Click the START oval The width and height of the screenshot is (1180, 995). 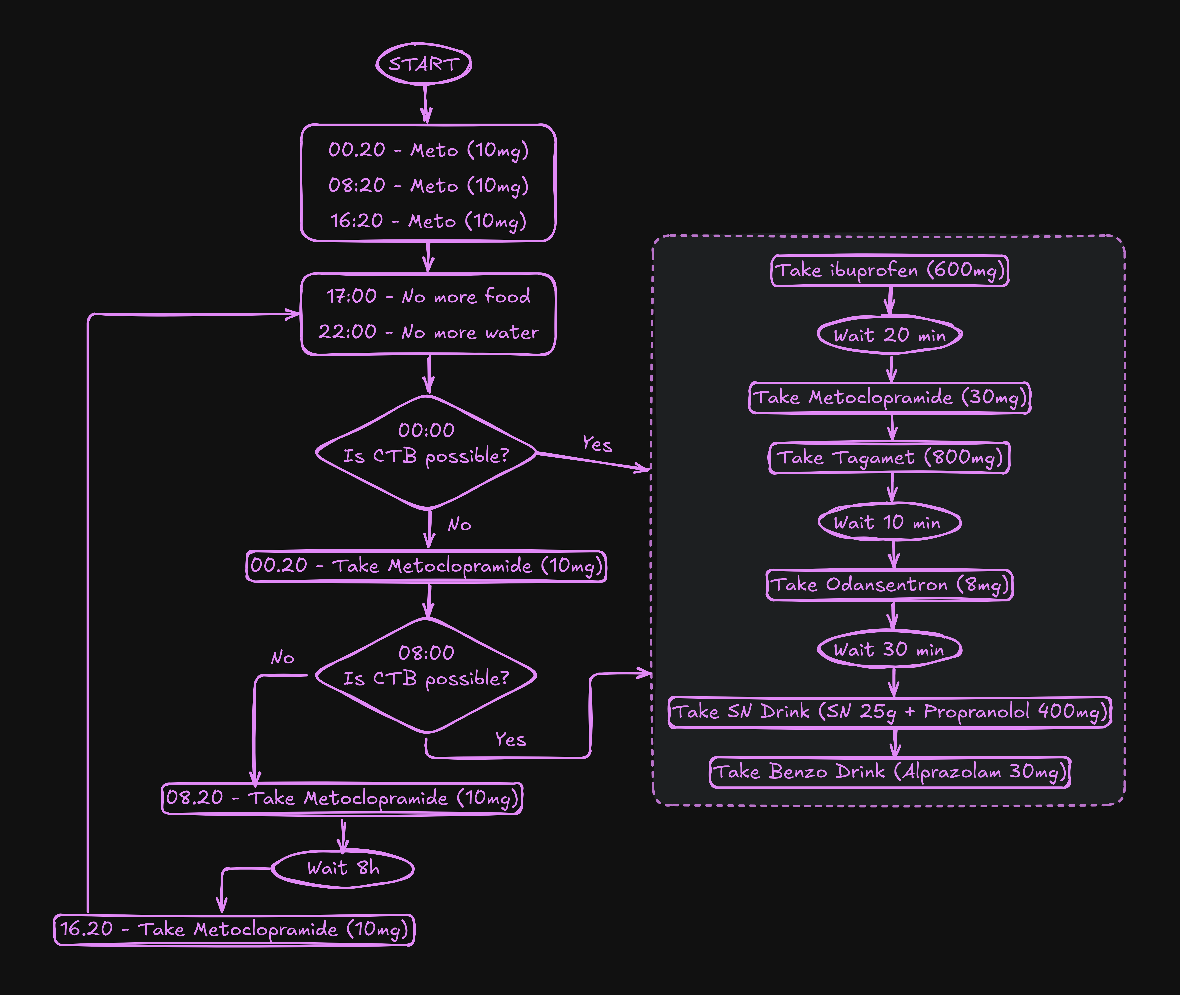pos(424,64)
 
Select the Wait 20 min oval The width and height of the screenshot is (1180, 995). pos(890,335)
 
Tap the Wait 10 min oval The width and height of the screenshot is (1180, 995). pos(890,522)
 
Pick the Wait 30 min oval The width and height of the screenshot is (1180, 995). pos(890,649)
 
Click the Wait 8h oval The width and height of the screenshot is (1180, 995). pos(343,868)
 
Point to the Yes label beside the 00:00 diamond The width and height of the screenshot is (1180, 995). pos(597,444)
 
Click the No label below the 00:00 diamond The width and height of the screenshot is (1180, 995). pos(459,525)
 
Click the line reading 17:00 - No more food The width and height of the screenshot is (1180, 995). pos(428,296)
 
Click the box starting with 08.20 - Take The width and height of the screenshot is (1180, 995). pos(342,798)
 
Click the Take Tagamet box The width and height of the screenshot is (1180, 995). pos(890,457)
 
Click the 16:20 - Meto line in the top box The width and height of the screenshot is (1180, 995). pos(428,221)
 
